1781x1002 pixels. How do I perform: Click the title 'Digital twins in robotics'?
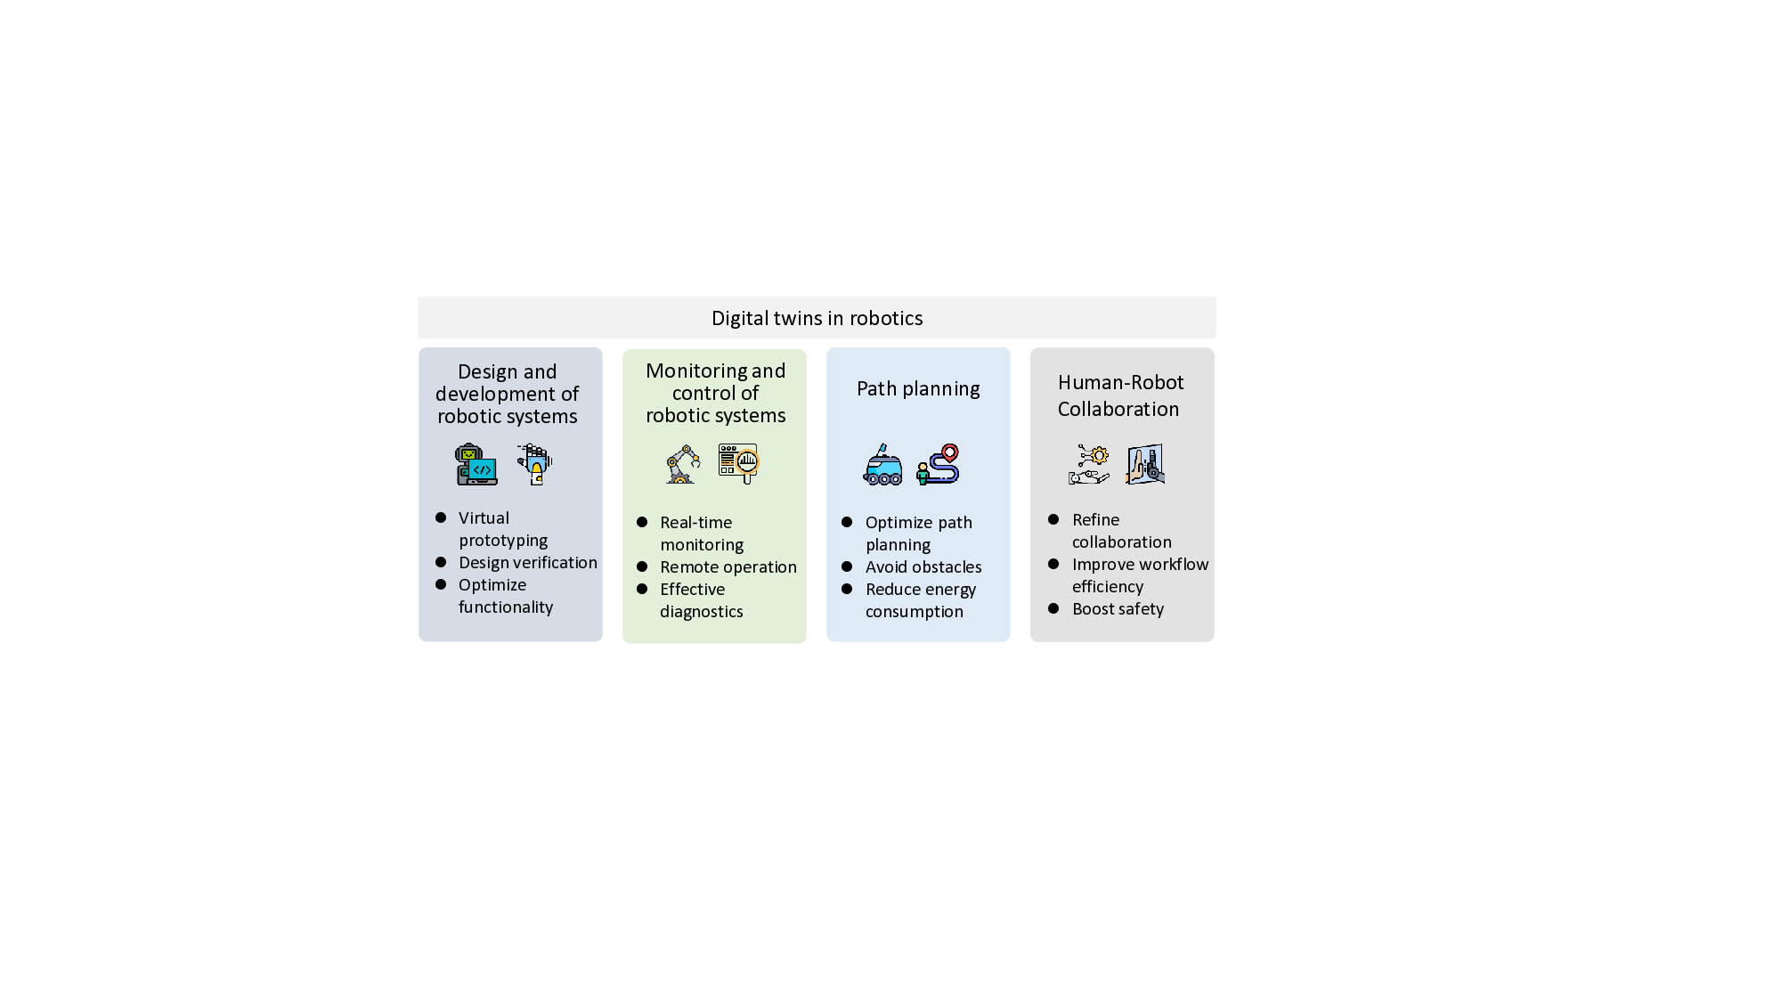coord(817,318)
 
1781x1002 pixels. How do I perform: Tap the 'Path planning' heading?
coord(918,388)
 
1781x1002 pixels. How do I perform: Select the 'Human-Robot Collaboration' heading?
coord(1120,395)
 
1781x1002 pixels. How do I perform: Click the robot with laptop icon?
coord(476,464)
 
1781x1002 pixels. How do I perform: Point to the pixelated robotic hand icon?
coord(535,463)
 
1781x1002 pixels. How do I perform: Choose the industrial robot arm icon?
coord(683,464)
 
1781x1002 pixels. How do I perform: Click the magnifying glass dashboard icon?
coord(739,463)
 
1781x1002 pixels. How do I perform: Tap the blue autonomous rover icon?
coord(882,465)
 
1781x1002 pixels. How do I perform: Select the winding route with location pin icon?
coord(939,464)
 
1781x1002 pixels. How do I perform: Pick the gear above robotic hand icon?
coord(1089,464)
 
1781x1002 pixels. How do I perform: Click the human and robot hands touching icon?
coord(1145,464)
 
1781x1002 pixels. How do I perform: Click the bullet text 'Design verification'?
coord(528,563)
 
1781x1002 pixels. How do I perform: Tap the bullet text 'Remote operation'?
coord(728,567)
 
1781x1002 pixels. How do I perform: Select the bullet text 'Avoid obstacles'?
coord(923,567)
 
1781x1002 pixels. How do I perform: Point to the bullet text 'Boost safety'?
coord(1118,609)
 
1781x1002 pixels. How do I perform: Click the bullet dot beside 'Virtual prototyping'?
coord(441,517)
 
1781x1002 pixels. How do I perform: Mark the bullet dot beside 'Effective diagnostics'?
coord(642,589)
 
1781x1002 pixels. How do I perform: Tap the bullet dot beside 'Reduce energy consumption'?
coord(847,589)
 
